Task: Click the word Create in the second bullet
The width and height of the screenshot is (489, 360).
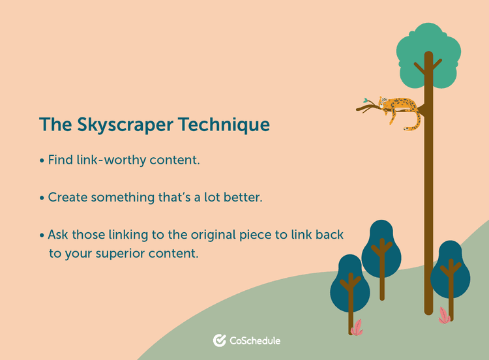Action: [68, 197]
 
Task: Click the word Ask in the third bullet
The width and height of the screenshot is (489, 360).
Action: [59, 234]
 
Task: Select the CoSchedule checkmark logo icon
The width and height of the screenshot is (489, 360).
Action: [220, 340]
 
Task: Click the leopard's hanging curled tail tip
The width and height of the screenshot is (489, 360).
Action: [409, 130]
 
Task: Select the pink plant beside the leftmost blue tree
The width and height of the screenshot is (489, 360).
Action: [357, 327]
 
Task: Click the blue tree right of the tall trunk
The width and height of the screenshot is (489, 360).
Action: [451, 268]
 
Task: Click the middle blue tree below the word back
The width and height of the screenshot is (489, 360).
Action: [381, 248]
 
